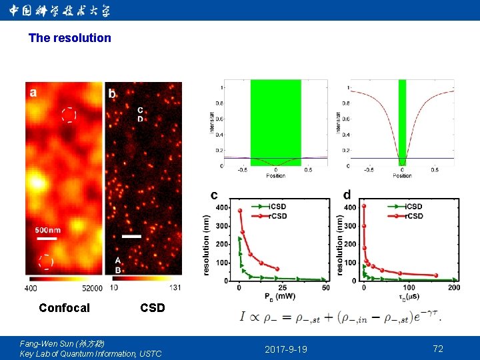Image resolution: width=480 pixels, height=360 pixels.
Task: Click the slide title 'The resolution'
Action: click(x=70, y=38)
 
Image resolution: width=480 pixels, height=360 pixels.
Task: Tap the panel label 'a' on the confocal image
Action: click(x=33, y=93)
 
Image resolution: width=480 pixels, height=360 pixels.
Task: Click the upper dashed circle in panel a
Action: click(x=69, y=115)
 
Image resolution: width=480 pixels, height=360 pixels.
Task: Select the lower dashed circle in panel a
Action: click(x=45, y=261)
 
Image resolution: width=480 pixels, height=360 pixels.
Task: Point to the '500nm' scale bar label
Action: click(x=48, y=230)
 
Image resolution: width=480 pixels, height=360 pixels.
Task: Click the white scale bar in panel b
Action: click(x=131, y=236)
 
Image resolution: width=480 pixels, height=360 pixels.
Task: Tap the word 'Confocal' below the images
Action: click(x=64, y=308)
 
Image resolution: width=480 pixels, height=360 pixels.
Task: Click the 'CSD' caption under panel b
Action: click(x=152, y=308)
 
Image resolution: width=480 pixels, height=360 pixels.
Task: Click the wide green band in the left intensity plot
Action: click(x=275, y=123)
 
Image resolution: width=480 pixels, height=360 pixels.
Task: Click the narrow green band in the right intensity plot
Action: click(x=402, y=123)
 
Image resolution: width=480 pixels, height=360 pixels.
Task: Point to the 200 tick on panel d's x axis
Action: click(x=454, y=287)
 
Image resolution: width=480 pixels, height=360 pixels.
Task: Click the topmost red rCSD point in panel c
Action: click(x=240, y=211)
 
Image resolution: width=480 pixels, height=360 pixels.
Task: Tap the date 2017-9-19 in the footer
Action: click(x=286, y=349)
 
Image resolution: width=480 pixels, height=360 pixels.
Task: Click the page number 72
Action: click(x=438, y=349)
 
